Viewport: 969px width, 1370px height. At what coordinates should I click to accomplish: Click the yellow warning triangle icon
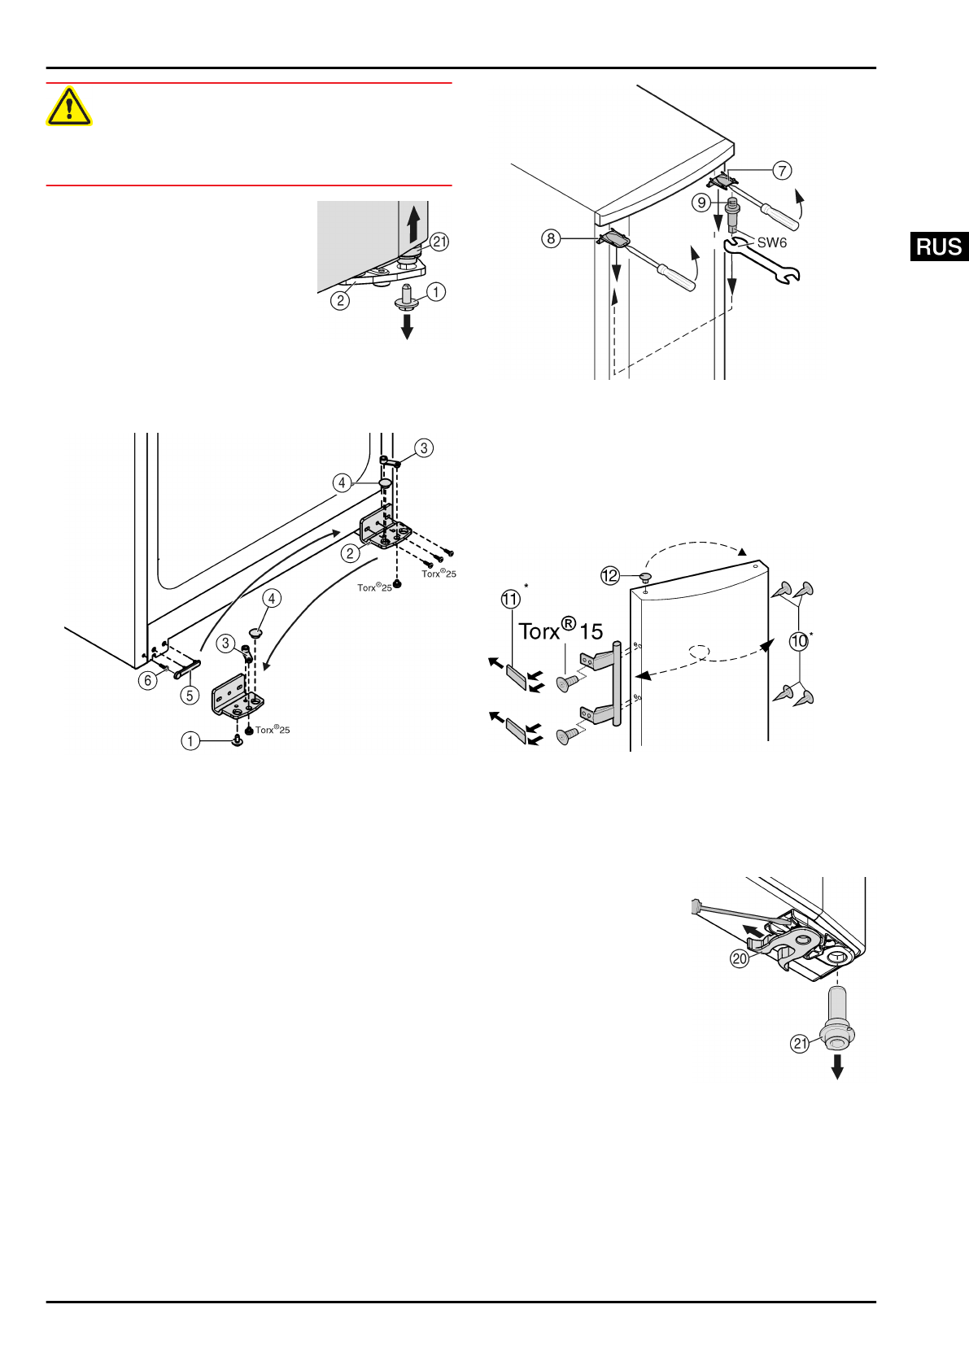pyautogui.click(x=69, y=107)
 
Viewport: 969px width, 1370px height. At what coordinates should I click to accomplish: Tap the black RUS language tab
pyautogui.click(x=939, y=247)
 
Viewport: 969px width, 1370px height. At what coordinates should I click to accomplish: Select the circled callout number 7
pyautogui.click(x=782, y=170)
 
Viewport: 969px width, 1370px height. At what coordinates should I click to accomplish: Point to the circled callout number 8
pyautogui.click(x=551, y=238)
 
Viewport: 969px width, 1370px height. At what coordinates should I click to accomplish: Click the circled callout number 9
pyautogui.click(x=701, y=203)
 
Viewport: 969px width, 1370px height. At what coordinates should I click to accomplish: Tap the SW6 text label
pyautogui.click(x=771, y=242)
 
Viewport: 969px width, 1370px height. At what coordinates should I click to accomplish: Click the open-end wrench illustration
pyautogui.click(x=762, y=266)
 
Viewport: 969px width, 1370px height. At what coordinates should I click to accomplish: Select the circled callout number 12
pyautogui.click(x=610, y=576)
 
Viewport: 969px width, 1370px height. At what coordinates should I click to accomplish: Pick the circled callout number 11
pyautogui.click(x=510, y=600)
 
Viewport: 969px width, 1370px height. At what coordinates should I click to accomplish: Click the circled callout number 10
pyautogui.click(x=799, y=641)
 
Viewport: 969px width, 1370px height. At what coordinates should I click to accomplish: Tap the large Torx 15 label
pyautogui.click(x=561, y=631)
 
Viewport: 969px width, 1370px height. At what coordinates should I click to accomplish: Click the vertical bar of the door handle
pyautogui.click(x=617, y=683)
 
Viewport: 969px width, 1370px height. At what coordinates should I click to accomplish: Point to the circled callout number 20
pyautogui.click(x=739, y=958)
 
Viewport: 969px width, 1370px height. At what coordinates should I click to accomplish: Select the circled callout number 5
pyautogui.click(x=190, y=695)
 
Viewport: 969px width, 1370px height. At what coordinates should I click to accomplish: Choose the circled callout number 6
pyautogui.click(x=147, y=680)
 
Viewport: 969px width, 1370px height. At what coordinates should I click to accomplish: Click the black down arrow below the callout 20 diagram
pyautogui.click(x=836, y=1067)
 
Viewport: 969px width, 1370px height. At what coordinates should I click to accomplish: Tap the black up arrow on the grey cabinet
pyautogui.click(x=413, y=222)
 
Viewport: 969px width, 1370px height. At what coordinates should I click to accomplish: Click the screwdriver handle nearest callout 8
pyautogui.click(x=678, y=277)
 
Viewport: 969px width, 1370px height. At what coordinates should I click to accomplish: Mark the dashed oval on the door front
pyautogui.click(x=699, y=652)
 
